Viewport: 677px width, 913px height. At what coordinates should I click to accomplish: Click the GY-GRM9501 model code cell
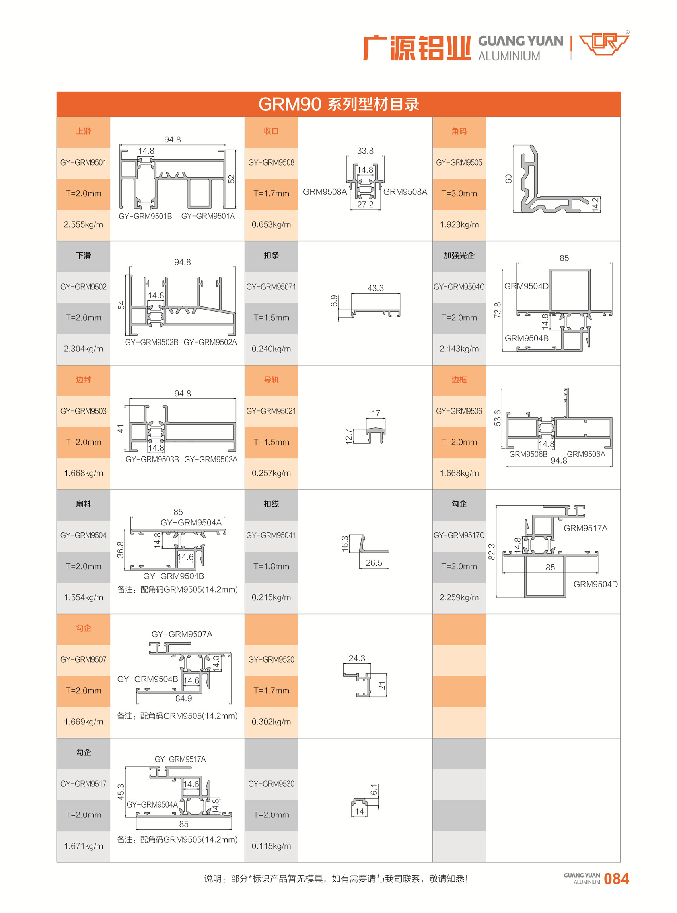pos(83,163)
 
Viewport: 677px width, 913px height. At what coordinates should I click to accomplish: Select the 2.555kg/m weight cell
pos(83,224)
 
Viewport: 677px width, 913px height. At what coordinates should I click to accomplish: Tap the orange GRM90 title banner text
pos(338,104)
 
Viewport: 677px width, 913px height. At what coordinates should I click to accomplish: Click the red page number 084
pos(617,879)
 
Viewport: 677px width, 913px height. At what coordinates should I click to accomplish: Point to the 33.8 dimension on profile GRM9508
pos(365,151)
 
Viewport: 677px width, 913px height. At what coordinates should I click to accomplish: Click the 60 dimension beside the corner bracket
pos(509,179)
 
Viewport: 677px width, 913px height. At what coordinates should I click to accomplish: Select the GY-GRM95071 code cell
pos(271,287)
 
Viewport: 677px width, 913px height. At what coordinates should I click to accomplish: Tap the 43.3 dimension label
pos(375,288)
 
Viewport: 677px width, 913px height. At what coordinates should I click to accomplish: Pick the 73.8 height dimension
pos(498,310)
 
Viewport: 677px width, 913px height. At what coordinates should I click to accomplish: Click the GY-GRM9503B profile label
pos(152,460)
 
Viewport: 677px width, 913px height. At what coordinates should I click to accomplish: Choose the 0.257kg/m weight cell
pos(271,473)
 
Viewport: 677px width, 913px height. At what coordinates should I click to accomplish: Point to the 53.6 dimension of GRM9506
pos(498,418)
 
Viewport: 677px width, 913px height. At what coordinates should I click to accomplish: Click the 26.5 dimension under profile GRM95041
pos(374,563)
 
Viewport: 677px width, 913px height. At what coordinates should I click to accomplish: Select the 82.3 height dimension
pos(492,551)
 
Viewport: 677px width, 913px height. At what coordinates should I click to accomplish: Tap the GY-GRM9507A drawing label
pos(182,634)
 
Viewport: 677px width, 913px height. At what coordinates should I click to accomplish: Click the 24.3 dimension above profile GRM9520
pos(356,658)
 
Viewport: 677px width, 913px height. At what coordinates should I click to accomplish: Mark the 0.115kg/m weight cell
pos(271,846)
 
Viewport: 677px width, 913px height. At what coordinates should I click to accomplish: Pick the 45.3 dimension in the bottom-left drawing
pos(121,792)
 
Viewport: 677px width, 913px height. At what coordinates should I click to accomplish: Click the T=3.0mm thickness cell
pos(459,193)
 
